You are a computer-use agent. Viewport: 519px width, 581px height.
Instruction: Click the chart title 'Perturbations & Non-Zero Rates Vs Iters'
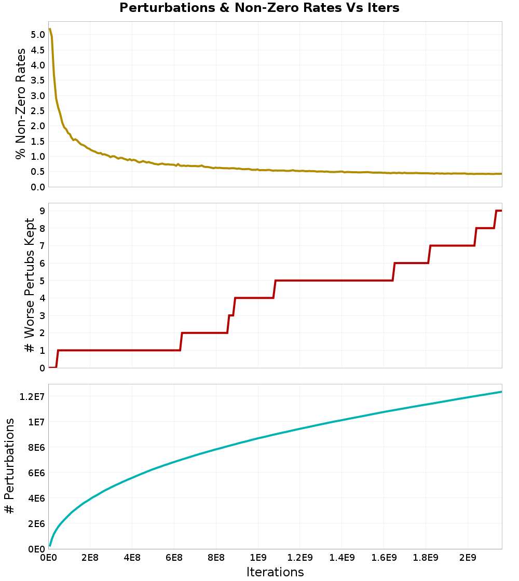(x=259, y=7)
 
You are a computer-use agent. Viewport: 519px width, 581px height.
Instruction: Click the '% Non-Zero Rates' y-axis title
(x=21, y=104)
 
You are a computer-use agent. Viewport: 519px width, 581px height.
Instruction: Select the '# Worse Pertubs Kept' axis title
(x=29, y=285)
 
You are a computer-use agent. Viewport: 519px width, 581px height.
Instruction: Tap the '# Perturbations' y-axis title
(x=9, y=466)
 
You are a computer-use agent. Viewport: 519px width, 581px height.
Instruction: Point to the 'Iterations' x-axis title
(x=275, y=572)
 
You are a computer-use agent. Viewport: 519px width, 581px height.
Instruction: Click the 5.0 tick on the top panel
(x=38, y=35)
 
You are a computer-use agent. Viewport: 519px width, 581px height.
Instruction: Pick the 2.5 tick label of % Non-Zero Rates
(x=38, y=111)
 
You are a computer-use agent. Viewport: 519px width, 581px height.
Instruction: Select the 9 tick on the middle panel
(x=42, y=211)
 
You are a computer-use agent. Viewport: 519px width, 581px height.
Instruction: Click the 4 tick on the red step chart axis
(x=42, y=298)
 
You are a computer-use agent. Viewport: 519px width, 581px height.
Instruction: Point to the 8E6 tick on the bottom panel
(x=37, y=448)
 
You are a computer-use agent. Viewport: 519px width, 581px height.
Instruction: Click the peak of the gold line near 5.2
(x=50, y=29)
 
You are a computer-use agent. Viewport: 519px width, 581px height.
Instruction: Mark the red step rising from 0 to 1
(x=57, y=358)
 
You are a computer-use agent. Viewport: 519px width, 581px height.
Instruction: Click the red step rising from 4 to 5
(x=275, y=289)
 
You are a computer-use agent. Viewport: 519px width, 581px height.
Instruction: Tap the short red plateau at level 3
(x=230, y=315)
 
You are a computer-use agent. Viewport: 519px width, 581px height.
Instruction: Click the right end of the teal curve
(x=501, y=392)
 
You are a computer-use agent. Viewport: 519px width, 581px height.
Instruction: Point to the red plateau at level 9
(x=499, y=211)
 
